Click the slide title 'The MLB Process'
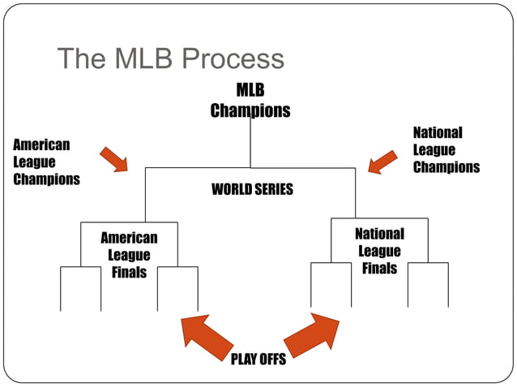pyautogui.click(x=171, y=58)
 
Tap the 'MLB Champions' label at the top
pyautogui.click(x=250, y=101)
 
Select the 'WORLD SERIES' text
pyautogui.click(x=252, y=190)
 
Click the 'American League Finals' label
pyautogui.click(x=129, y=255)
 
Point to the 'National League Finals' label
pyautogui.click(x=379, y=251)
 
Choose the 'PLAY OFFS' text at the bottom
pyautogui.click(x=258, y=359)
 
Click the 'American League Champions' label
pyautogui.click(x=46, y=162)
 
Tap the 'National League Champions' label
pyautogui.click(x=446, y=149)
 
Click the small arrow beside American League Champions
pyautogui.click(x=114, y=159)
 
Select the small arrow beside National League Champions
pyautogui.click(x=382, y=162)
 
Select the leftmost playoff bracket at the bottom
pyautogui.click(x=80, y=288)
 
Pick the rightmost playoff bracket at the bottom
pyautogui.click(x=428, y=284)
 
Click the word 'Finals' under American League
pyautogui.click(x=129, y=272)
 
